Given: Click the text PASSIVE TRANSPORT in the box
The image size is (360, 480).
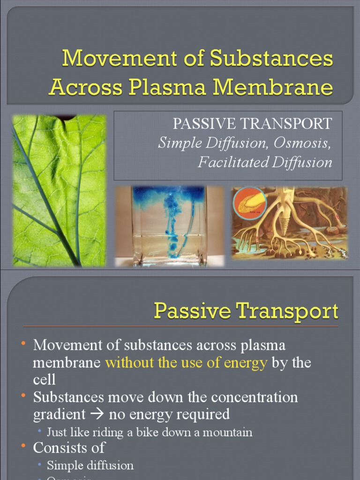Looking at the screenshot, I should [252, 123].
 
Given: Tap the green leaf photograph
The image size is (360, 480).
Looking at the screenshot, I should [59, 190].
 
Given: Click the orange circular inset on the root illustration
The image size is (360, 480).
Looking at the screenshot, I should [249, 203].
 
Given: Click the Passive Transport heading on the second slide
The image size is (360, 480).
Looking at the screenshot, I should [246, 312].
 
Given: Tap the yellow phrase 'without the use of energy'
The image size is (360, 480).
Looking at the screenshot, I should [186, 362].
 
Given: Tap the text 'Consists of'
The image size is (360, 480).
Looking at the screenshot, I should [68, 448].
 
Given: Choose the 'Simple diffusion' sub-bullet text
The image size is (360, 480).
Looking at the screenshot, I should [90, 465].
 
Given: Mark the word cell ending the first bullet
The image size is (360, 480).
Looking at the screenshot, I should [44, 379].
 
